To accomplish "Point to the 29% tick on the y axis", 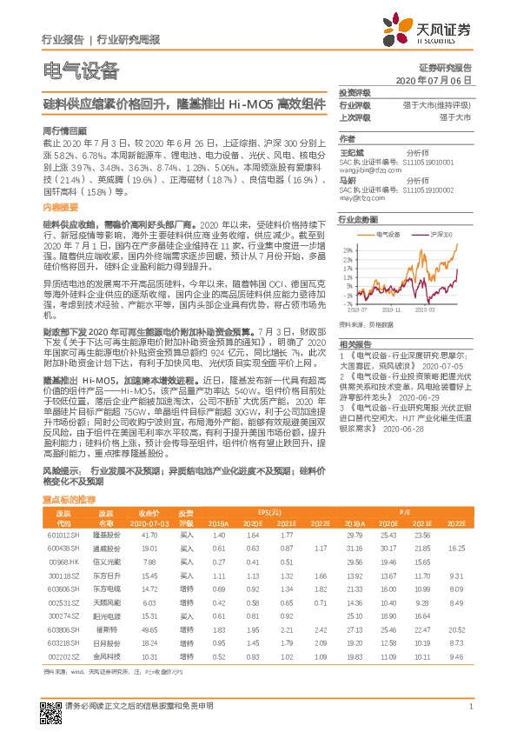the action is point(346,249).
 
